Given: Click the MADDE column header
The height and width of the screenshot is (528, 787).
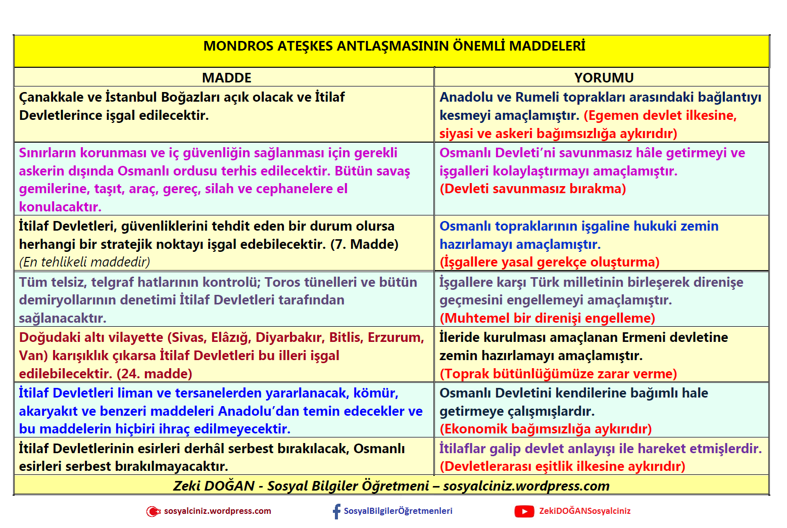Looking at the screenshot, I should coord(226,78).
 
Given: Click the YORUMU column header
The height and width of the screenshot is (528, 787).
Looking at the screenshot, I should coord(604,78).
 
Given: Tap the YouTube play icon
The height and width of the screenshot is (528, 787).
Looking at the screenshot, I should coord(524,511).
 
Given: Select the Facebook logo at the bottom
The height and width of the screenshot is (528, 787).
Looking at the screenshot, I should coord(336,511).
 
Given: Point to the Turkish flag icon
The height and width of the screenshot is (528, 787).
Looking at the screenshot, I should coord(153,511).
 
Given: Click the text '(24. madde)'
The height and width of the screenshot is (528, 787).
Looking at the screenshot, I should coord(155,374).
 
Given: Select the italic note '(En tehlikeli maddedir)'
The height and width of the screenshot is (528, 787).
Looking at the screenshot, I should coord(84,262).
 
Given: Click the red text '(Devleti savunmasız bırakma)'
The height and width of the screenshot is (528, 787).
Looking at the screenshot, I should coord(532,189).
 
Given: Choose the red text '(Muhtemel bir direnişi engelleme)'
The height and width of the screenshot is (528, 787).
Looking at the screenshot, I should coord(547,318).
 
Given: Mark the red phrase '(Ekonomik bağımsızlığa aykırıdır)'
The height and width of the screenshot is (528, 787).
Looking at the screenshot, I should coord(546,429).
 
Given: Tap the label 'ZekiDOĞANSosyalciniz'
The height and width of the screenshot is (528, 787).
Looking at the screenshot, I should coord(584,511).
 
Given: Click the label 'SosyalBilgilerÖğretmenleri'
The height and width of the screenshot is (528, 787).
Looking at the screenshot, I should coord(398,511).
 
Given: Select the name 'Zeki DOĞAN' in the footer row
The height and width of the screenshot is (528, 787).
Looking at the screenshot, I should coord(214,486).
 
